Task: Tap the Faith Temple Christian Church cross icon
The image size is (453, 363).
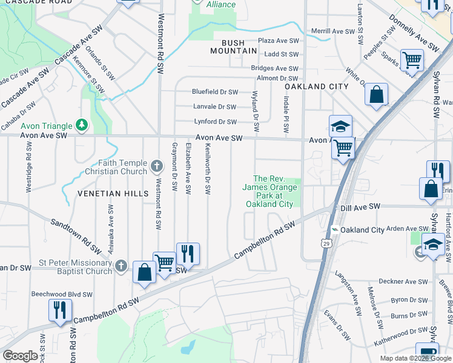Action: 157,166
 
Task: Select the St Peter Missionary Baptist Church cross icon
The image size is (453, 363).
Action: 121,266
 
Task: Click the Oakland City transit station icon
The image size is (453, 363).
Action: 334,230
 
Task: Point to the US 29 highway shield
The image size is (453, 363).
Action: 326,243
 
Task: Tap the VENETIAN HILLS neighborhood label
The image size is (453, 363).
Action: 113,193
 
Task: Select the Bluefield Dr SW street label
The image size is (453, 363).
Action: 215,92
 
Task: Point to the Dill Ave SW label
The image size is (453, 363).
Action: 360,207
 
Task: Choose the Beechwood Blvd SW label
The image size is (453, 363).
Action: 62,294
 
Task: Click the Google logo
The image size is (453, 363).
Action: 19,356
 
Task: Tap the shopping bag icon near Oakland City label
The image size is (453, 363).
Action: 376,95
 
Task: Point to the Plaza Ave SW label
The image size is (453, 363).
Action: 279,40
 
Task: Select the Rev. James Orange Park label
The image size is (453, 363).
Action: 269,191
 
